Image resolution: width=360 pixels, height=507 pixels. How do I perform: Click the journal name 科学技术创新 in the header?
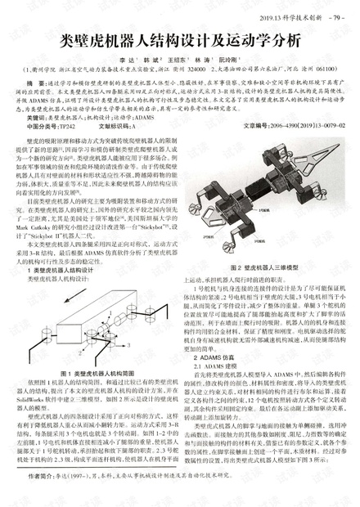[x=302, y=15]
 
